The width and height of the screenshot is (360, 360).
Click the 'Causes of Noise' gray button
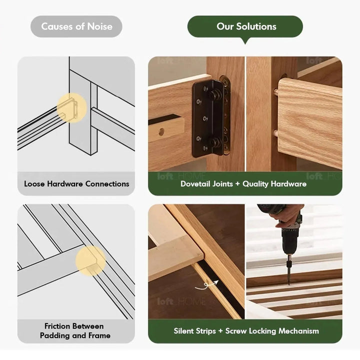coord(76,26)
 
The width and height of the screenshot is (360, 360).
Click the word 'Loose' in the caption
coord(34,183)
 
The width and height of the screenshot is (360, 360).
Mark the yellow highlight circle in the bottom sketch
coord(90,260)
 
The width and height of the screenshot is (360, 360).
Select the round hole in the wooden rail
coord(161,132)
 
